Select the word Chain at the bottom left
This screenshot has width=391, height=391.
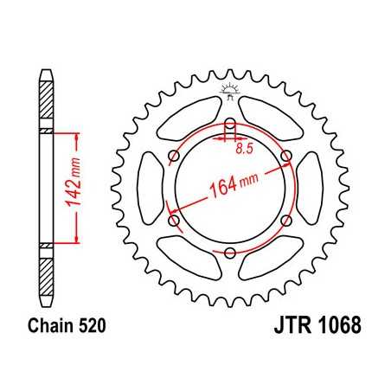pos(42,330)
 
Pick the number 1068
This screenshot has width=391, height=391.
pos(333,330)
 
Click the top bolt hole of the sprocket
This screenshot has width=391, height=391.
pos(230,122)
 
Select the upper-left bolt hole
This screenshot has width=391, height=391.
pos(174,155)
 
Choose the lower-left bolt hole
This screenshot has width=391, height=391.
pos(174,220)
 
